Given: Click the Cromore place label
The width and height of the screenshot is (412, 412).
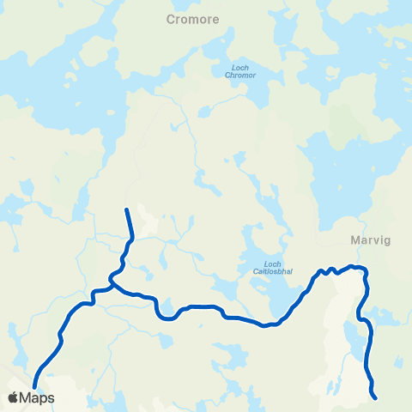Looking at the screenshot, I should click(194, 18).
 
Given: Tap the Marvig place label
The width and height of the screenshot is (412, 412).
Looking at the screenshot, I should click(371, 240).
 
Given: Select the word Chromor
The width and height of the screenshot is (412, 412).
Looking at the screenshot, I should click(239, 76).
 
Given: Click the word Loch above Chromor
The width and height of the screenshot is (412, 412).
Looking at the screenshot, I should click(240, 68).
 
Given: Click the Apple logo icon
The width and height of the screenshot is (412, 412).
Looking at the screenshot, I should click(13, 397).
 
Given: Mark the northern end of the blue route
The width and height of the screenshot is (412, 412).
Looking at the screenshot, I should click(127, 209).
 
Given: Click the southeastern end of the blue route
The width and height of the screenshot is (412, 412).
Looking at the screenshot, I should click(376, 397).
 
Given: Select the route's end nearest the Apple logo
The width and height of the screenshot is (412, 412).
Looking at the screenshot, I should click(35, 388).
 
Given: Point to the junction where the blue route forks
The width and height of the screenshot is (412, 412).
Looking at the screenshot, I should click(112, 279).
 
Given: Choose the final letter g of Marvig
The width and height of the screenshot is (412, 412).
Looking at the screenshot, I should click(387, 241).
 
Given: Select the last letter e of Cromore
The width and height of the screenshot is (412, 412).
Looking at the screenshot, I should click(215, 18).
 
